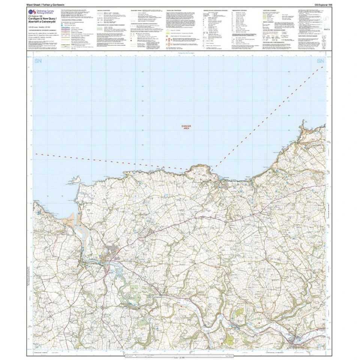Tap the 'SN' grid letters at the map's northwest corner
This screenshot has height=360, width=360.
tap(37, 61)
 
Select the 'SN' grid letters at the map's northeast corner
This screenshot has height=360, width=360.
tap(320, 61)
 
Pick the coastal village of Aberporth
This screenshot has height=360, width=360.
tap(224, 184)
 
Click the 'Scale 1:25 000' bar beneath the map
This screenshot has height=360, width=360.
tap(180, 353)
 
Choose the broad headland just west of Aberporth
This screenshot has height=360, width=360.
tap(201, 171)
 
